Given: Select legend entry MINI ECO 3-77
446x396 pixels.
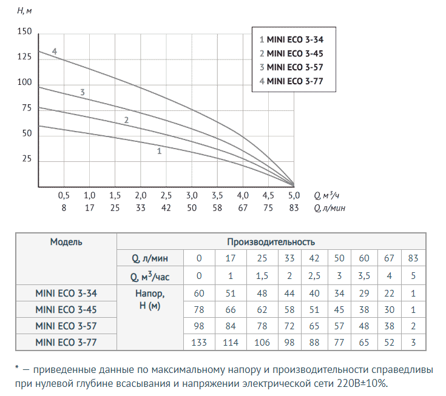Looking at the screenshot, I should [x=294, y=81].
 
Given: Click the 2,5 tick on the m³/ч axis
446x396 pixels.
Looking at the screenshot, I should [x=165, y=196].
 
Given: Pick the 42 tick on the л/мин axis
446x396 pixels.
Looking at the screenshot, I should [x=165, y=207].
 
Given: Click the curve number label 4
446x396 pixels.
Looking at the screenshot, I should [x=55, y=51].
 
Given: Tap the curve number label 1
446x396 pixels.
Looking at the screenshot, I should [x=159, y=151].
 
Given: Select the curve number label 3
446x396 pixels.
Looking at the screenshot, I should [x=82, y=92].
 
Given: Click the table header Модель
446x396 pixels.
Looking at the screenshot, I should [x=66, y=241].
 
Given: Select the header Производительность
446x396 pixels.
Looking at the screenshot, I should [x=271, y=242].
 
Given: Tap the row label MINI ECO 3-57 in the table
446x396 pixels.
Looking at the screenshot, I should [x=66, y=326].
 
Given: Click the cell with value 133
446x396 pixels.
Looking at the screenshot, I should [x=200, y=343].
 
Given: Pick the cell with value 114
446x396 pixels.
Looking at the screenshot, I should [x=231, y=343].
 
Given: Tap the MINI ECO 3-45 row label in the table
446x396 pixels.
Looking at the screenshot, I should [x=66, y=309].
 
